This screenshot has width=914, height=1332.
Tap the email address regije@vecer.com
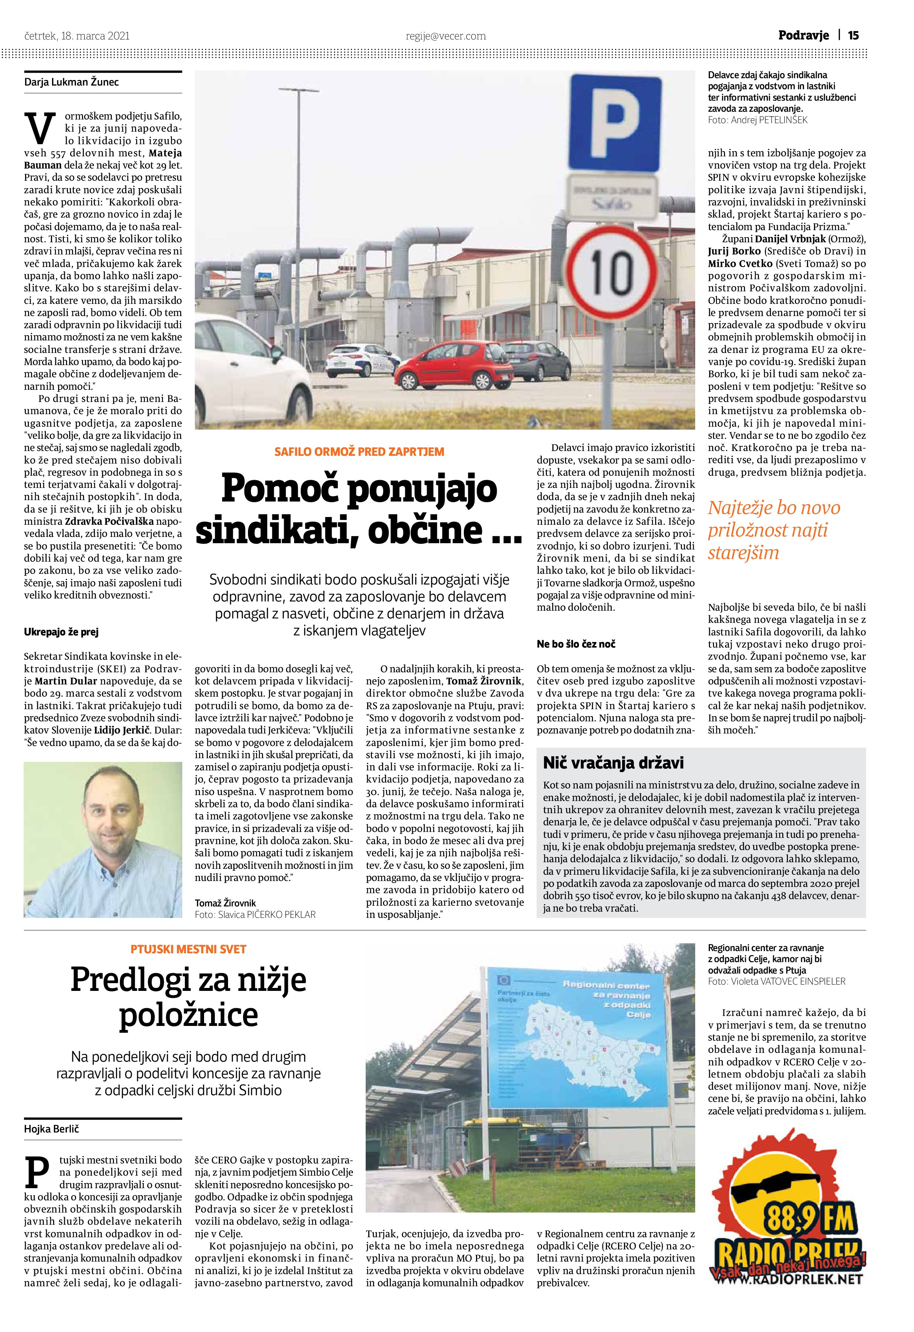click(x=445, y=36)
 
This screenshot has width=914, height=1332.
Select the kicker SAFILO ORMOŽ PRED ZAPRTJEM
click(x=359, y=452)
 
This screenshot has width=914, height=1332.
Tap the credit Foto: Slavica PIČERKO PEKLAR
click(x=255, y=915)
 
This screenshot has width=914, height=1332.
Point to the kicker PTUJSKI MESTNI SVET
click(x=188, y=950)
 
